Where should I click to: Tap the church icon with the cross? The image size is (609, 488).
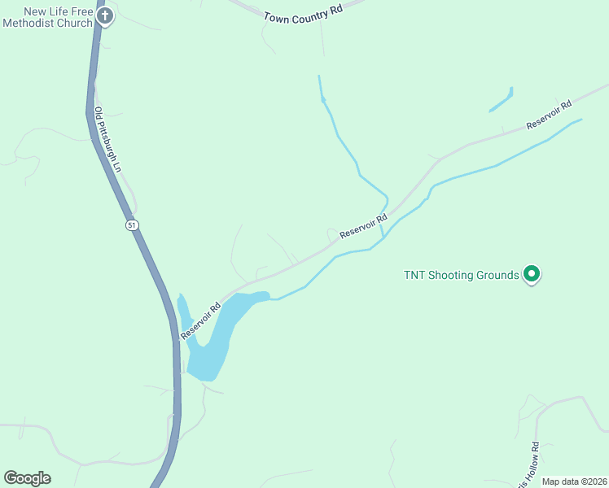click(104, 15)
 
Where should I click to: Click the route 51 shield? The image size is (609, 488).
click(132, 224)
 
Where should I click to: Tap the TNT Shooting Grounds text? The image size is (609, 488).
click(461, 275)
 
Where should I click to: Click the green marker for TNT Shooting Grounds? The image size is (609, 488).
click(532, 275)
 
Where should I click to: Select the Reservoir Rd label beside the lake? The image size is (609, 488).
click(200, 321)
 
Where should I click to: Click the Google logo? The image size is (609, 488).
click(27, 478)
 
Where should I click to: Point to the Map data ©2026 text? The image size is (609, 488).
click(574, 481)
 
